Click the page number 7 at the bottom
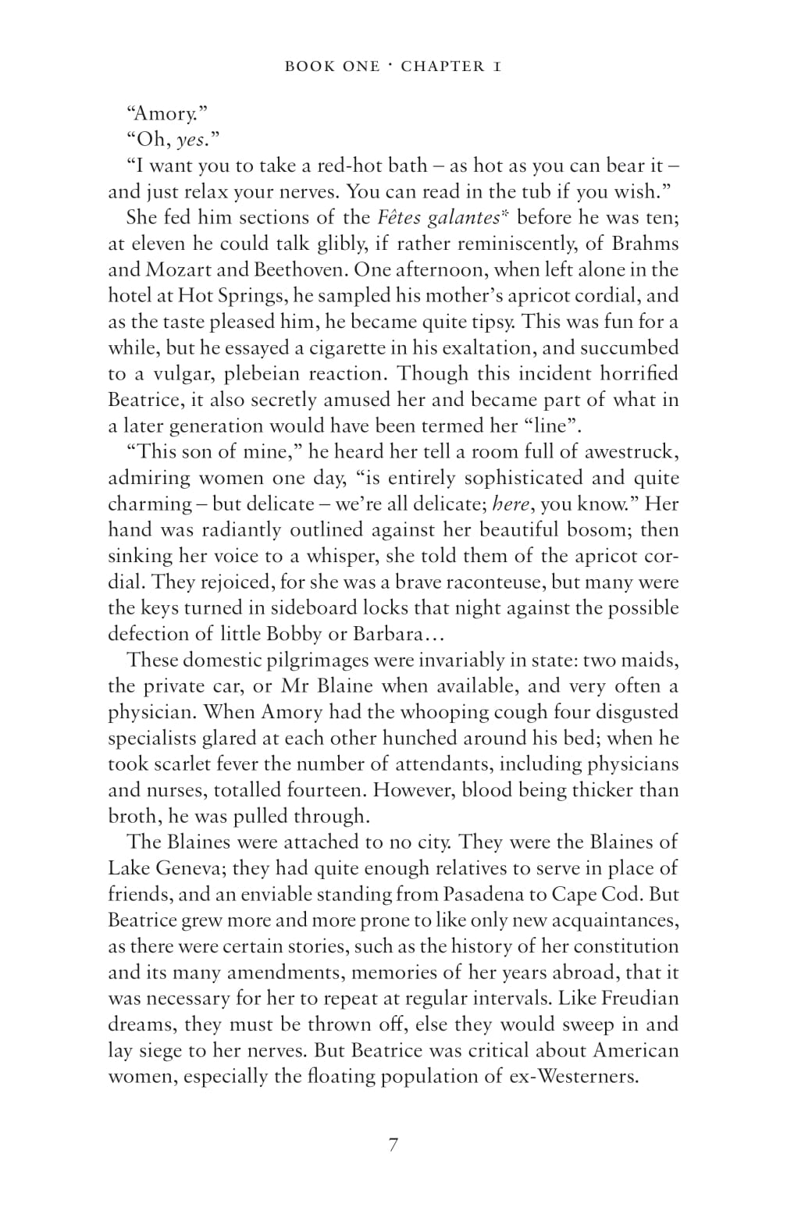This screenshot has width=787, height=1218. click(x=393, y=1145)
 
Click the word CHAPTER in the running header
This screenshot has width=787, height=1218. click(x=443, y=66)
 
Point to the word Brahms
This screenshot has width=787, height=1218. click(x=645, y=244)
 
